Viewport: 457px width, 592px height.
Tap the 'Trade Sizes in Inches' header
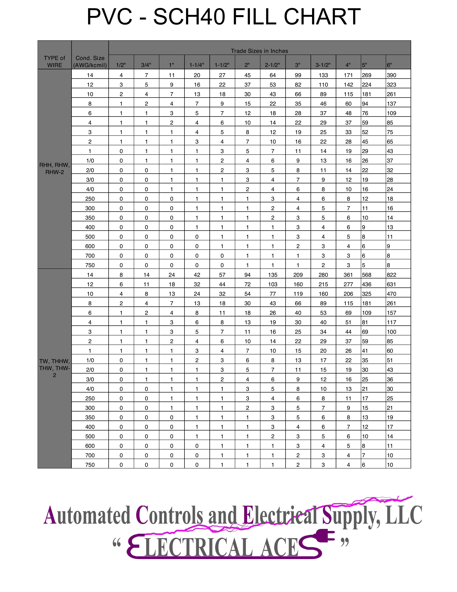pos(259,51)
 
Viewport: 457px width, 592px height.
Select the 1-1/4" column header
pos(197,65)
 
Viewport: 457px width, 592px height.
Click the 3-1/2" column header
pos(323,65)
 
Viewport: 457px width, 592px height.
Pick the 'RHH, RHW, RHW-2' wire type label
pos(54,169)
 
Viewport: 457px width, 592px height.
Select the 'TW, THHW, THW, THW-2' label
pos(54,368)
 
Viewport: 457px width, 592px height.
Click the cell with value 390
pos(391,75)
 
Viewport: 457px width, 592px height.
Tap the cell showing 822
pos(391,275)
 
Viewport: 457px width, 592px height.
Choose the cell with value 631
pos(391,284)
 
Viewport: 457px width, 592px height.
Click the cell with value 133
pos(323,75)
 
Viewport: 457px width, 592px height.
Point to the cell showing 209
pos(298,275)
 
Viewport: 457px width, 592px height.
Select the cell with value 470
pos(391,294)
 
